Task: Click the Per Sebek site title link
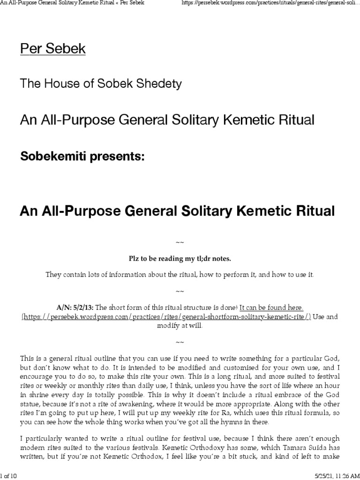click(52, 49)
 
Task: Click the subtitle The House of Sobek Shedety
click(100, 84)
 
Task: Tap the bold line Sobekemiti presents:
click(82, 157)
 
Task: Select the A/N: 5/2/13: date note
click(75, 307)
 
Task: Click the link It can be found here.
click(271, 307)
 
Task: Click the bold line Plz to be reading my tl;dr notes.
click(180, 258)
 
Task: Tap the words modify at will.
click(180, 326)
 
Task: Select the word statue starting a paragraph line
click(31, 403)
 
